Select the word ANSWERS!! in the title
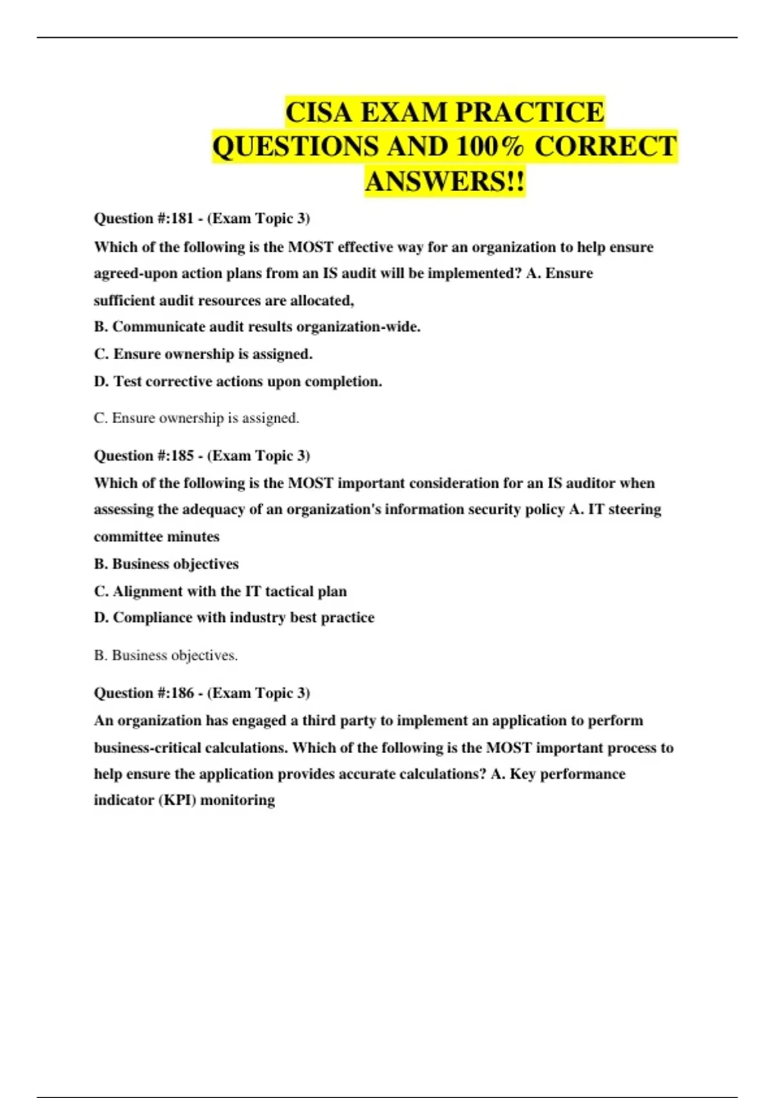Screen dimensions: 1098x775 pos(445,181)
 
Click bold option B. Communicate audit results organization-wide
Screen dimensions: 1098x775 pos(257,327)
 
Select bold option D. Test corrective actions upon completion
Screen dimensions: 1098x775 pos(238,382)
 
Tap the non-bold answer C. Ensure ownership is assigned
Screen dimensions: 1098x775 pos(196,418)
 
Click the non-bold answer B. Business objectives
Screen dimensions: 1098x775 pos(166,655)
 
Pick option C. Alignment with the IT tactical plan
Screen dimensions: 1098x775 pos(220,591)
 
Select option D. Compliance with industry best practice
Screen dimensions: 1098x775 pos(234,617)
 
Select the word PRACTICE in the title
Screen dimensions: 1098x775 pos(530,112)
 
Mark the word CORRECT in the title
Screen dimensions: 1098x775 pos(605,147)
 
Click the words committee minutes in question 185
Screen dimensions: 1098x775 pos(156,537)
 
